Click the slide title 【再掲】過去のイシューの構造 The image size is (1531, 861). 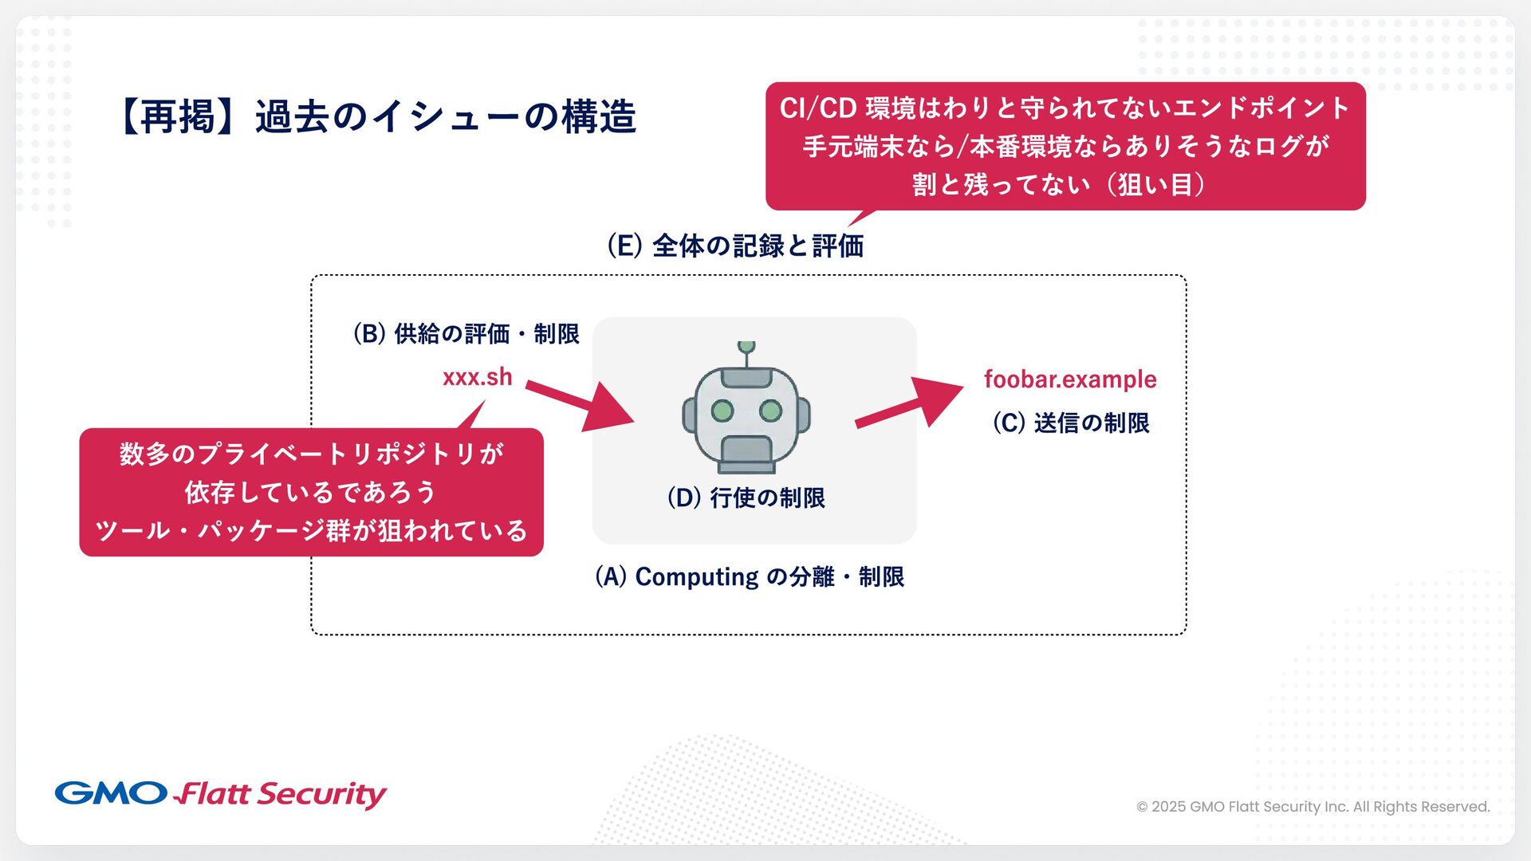tap(378, 116)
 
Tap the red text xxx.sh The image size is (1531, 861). tap(477, 377)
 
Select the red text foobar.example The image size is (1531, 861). tap(1069, 379)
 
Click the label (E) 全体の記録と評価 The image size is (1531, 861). tap(735, 246)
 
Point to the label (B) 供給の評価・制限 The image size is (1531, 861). tap(466, 333)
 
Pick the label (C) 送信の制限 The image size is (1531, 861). tap(1070, 423)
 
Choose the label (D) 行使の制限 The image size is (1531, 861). tap(746, 497)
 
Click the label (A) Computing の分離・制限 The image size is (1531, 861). tap(750, 576)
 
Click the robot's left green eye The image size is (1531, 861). tap(722, 411)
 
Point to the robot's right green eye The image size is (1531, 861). tap(770, 411)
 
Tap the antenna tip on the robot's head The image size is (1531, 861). tap(746, 347)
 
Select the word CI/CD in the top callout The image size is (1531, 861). tap(817, 108)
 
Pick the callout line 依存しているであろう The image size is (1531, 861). tap(310, 492)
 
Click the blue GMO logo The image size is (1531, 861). tap(111, 793)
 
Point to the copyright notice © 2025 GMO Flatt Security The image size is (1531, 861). tap(1313, 807)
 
